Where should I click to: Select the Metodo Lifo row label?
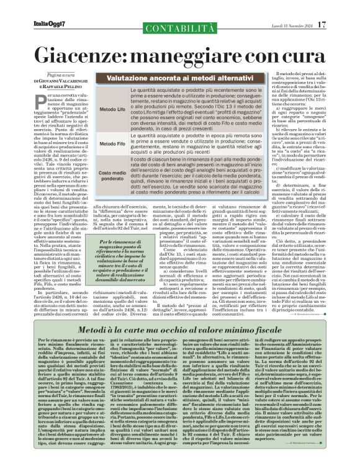coord(111,109)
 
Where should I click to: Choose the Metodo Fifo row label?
coord(111,143)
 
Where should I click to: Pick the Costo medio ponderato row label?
coord(111,177)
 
